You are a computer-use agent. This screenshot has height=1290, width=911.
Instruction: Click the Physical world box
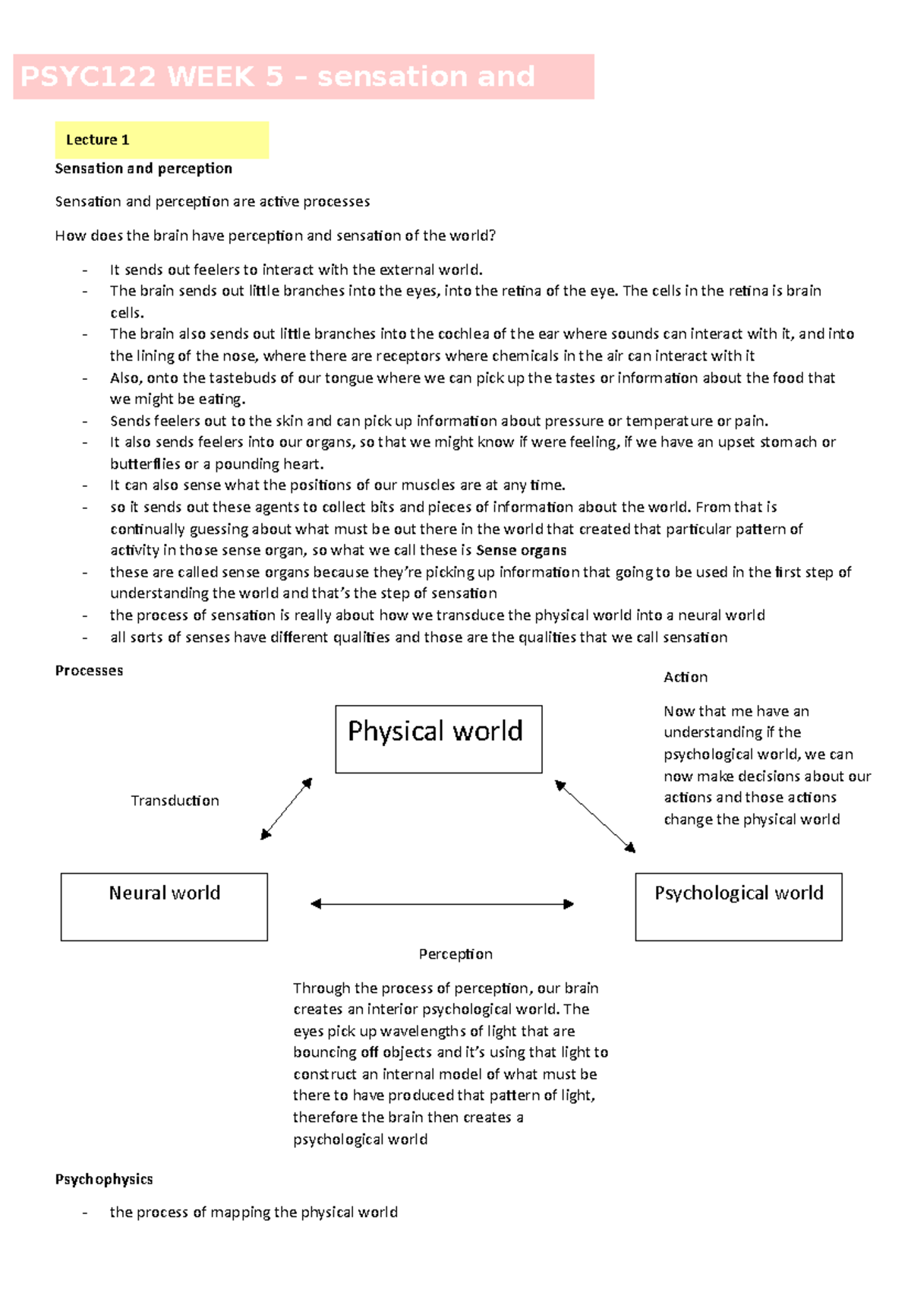tap(438, 738)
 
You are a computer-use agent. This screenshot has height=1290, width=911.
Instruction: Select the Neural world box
tap(164, 906)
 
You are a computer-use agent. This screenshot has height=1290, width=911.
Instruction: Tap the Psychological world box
tap(738, 906)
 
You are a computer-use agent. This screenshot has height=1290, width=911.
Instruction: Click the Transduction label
tap(175, 800)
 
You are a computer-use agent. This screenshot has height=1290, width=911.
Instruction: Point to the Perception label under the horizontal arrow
tap(455, 953)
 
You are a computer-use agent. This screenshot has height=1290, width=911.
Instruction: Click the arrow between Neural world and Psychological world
tap(442, 903)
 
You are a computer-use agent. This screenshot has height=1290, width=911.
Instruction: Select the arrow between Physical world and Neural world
tap(286, 808)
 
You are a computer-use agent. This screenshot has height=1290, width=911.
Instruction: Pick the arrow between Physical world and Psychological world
tap(594, 816)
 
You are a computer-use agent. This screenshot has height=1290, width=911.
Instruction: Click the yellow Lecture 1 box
tap(162, 140)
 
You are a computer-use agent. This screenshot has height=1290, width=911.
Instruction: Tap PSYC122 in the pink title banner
tap(88, 77)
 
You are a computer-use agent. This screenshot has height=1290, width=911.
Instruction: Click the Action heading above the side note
tap(685, 677)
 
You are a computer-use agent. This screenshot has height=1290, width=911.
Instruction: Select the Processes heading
tap(89, 670)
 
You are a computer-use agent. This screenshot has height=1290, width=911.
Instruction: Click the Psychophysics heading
tap(104, 1179)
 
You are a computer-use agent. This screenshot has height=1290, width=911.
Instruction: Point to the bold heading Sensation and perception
tap(143, 168)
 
